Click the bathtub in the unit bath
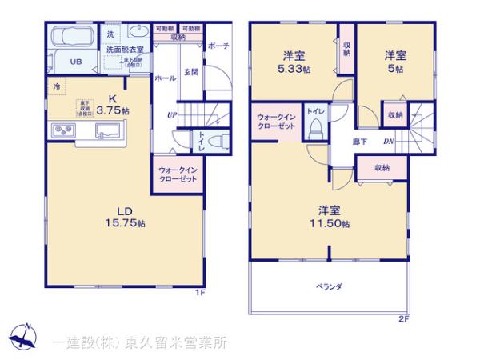[x=74, y=36]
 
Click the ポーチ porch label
[x=218, y=46]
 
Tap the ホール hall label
[x=165, y=78]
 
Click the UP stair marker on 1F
[x=172, y=115]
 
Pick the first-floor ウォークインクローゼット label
[x=178, y=174]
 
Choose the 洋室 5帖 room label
[x=394, y=62]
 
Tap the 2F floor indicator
[x=404, y=319]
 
